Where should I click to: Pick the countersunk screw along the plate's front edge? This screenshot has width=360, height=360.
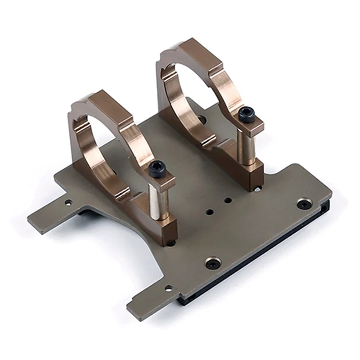(x=213, y=263)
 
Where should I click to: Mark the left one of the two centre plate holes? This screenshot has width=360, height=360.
(x=210, y=211)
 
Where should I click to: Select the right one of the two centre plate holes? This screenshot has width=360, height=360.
(x=228, y=200)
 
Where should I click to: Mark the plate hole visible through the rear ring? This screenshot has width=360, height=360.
(x=201, y=119)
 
